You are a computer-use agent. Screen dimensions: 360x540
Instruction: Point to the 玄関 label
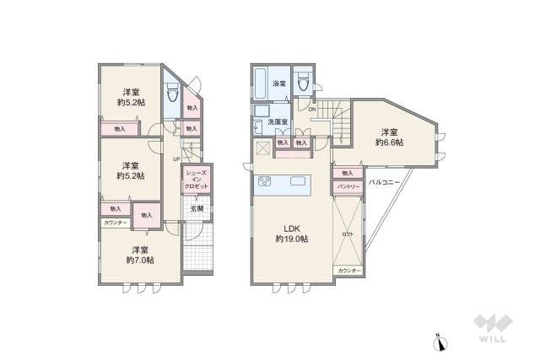point(195,208)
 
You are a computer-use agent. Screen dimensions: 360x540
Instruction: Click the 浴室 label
point(279,83)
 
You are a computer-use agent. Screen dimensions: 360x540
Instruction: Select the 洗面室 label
point(278,122)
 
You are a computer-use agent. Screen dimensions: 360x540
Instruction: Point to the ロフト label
point(348,233)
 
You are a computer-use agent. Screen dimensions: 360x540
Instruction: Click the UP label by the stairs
point(176,159)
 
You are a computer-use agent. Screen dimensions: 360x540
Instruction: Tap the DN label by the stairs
point(311,110)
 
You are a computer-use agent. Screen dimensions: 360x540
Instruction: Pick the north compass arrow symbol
point(439,341)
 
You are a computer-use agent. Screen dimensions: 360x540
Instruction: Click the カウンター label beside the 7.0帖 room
point(116,223)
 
